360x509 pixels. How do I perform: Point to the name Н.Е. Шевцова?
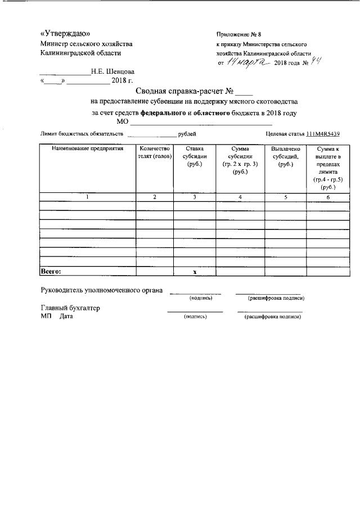point(112,72)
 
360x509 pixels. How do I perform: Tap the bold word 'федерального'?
point(163,112)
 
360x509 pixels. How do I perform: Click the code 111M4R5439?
point(323,134)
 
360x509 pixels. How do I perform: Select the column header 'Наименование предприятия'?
point(87,148)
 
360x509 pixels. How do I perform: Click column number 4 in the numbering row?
point(240,197)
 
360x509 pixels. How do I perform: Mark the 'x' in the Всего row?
point(195,272)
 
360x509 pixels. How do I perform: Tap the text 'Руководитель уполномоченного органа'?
point(102,291)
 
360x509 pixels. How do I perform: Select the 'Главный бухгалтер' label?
point(70,308)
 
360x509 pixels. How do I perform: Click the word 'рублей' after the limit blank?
point(187,134)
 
